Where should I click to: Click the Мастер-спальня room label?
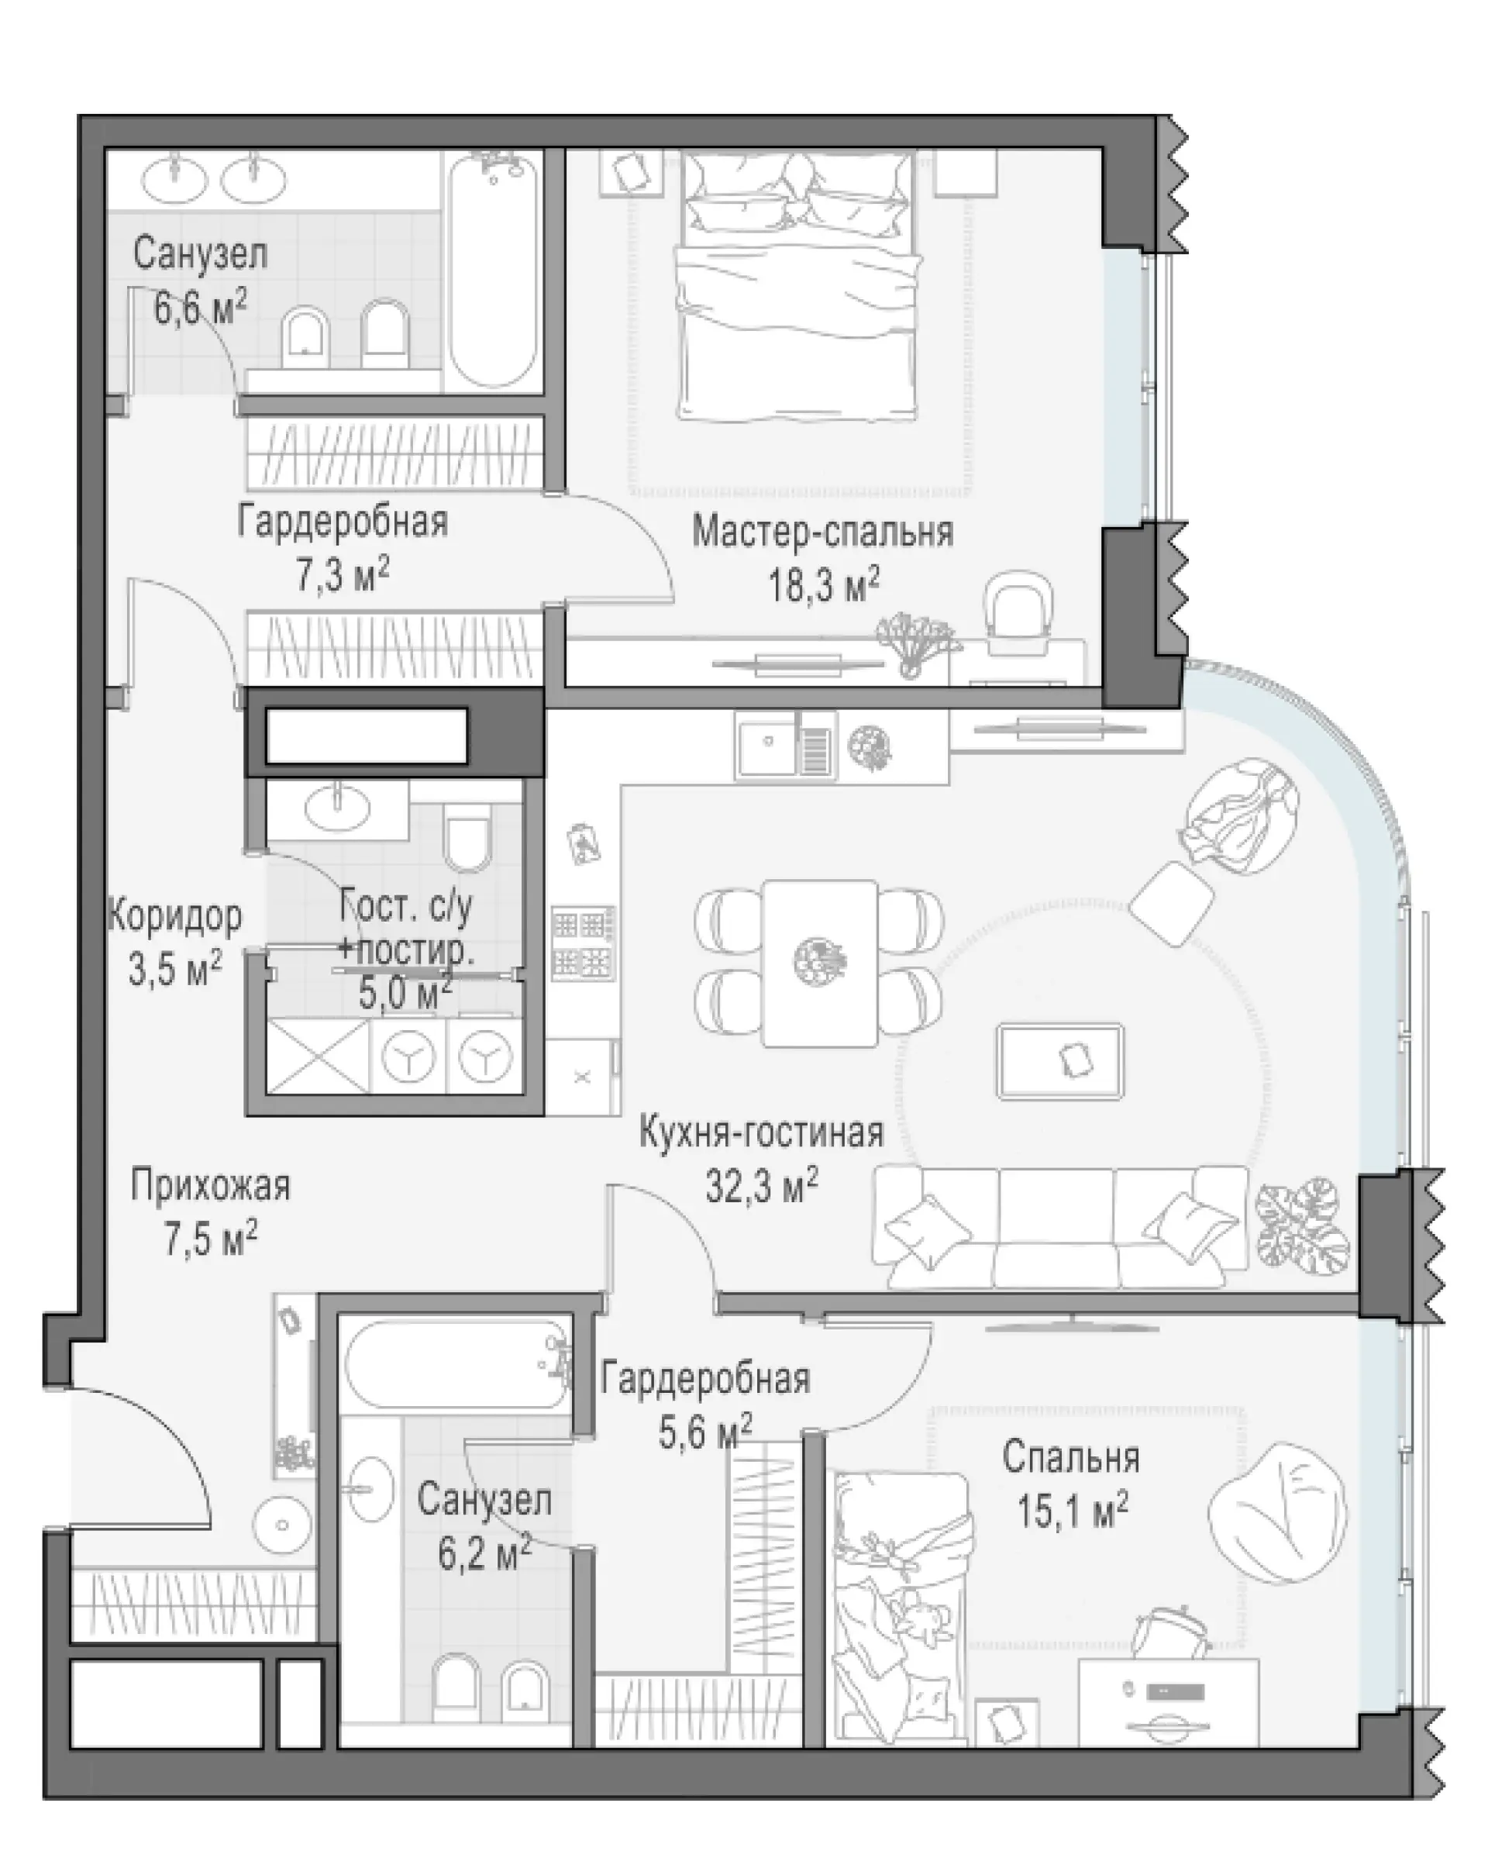pyautogui.click(x=822, y=533)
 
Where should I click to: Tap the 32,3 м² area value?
pyautogui.click(x=762, y=1187)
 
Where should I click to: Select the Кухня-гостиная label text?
pyautogui.click(x=762, y=1133)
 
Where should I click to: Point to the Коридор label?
pyautogui.click(x=175, y=917)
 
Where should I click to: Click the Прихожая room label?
pyautogui.click(x=210, y=1187)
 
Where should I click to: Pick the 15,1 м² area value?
pyautogui.click(x=1073, y=1511)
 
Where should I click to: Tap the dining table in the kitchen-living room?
pyautogui.click(x=820, y=963)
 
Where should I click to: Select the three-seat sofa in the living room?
pyautogui.click(x=1060, y=1227)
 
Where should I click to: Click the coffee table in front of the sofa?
pyautogui.click(x=1060, y=1062)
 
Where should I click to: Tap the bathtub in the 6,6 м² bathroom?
pyautogui.click(x=493, y=269)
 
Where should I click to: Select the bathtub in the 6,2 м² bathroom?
pyautogui.click(x=455, y=1365)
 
